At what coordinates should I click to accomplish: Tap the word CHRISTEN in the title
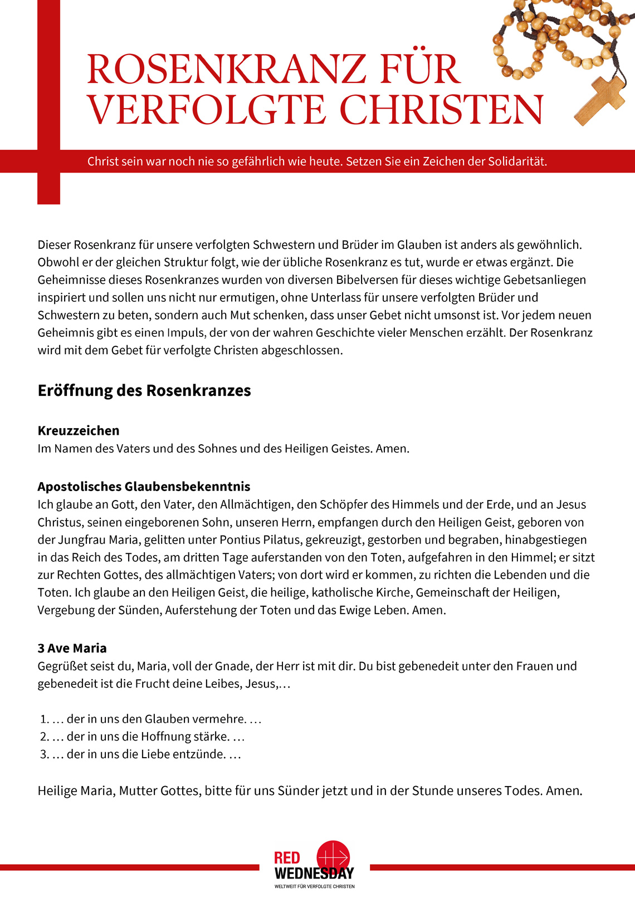point(441,110)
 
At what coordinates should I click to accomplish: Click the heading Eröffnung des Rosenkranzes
point(144,390)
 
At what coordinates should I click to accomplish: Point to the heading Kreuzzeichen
point(79,430)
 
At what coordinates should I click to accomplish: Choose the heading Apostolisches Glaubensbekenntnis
point(144,487)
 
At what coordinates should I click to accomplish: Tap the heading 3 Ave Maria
point(72,648)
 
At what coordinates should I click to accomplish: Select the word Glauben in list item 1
point(167,719)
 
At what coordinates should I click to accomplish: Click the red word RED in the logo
point(287,858)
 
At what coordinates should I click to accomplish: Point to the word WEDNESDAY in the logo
point(314,874)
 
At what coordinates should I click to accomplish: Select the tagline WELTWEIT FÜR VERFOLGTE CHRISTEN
point(314,886)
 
